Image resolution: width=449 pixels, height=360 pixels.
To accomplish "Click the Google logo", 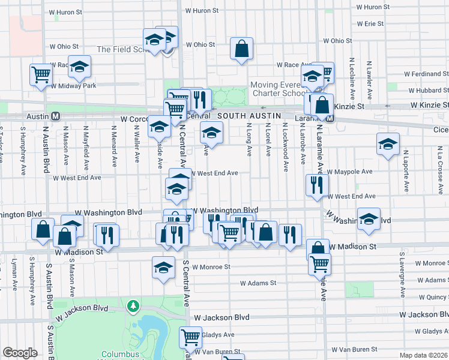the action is click(20, 353).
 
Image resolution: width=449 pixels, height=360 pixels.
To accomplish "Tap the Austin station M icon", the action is click(55, 116).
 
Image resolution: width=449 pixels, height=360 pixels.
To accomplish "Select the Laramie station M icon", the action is click(337, 119).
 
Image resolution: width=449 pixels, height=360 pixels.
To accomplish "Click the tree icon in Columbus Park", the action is click(133, 307).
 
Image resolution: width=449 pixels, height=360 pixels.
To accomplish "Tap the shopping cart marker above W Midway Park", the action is click(41, 75).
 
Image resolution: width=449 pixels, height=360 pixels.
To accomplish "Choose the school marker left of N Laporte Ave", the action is click(388, 144).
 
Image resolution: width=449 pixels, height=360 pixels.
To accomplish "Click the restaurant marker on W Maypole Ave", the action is click(316, 185).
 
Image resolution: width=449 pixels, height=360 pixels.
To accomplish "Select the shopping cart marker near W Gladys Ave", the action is click(191, 338).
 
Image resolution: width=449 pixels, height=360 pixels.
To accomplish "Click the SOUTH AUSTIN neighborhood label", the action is click(246, 115).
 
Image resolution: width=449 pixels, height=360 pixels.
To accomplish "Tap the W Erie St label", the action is click(370, 24).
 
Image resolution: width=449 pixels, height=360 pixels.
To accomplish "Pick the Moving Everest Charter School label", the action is click(279, 89).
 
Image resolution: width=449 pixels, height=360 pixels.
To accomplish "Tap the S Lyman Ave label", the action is click(14, 274).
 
